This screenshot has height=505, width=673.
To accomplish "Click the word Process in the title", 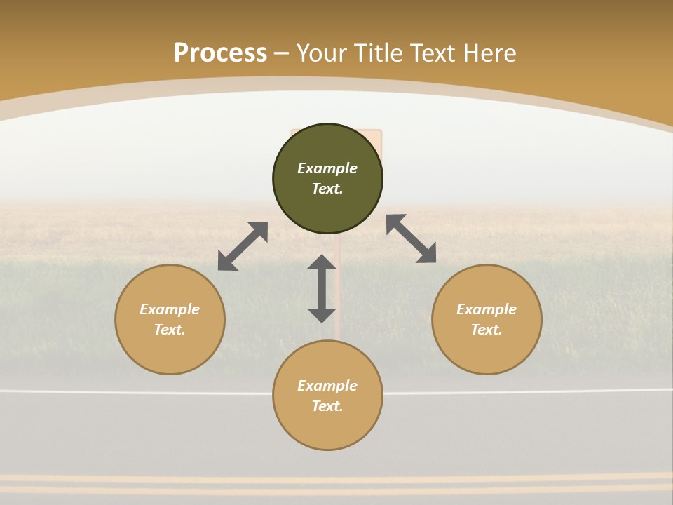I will coord(220,53).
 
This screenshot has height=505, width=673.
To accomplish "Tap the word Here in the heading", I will coord(489,53).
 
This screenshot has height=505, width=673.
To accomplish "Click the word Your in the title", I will coord(321,53).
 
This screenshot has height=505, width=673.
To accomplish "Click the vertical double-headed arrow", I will coord(322,288).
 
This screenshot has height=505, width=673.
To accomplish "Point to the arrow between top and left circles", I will coord(243,246).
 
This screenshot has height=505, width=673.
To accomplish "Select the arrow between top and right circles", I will coord(412,238).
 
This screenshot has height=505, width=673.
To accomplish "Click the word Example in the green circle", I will coord(327,168).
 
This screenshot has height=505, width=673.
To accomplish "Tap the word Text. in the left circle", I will coord(170,330).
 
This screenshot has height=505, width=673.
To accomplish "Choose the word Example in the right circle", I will coord(487,309).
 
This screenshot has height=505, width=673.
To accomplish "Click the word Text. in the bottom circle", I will coord(327,406).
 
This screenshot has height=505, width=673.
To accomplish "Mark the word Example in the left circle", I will coord(170,309).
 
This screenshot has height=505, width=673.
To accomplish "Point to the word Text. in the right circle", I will coord(487,330).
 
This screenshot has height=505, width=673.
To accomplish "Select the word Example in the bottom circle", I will coord(327,386).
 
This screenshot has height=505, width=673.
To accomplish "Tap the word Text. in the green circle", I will coord(327,189).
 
